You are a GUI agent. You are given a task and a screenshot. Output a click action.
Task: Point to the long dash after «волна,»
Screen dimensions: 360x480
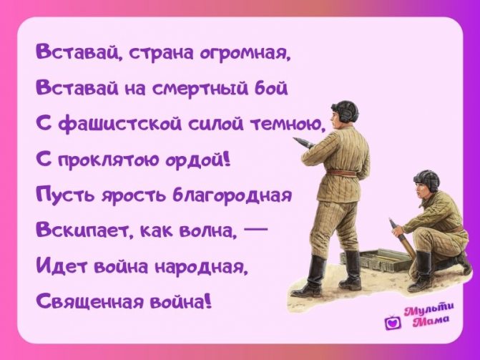click(x=255, y=230)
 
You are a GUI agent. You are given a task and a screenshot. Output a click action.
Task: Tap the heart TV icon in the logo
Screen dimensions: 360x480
click(x=391, y=323)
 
